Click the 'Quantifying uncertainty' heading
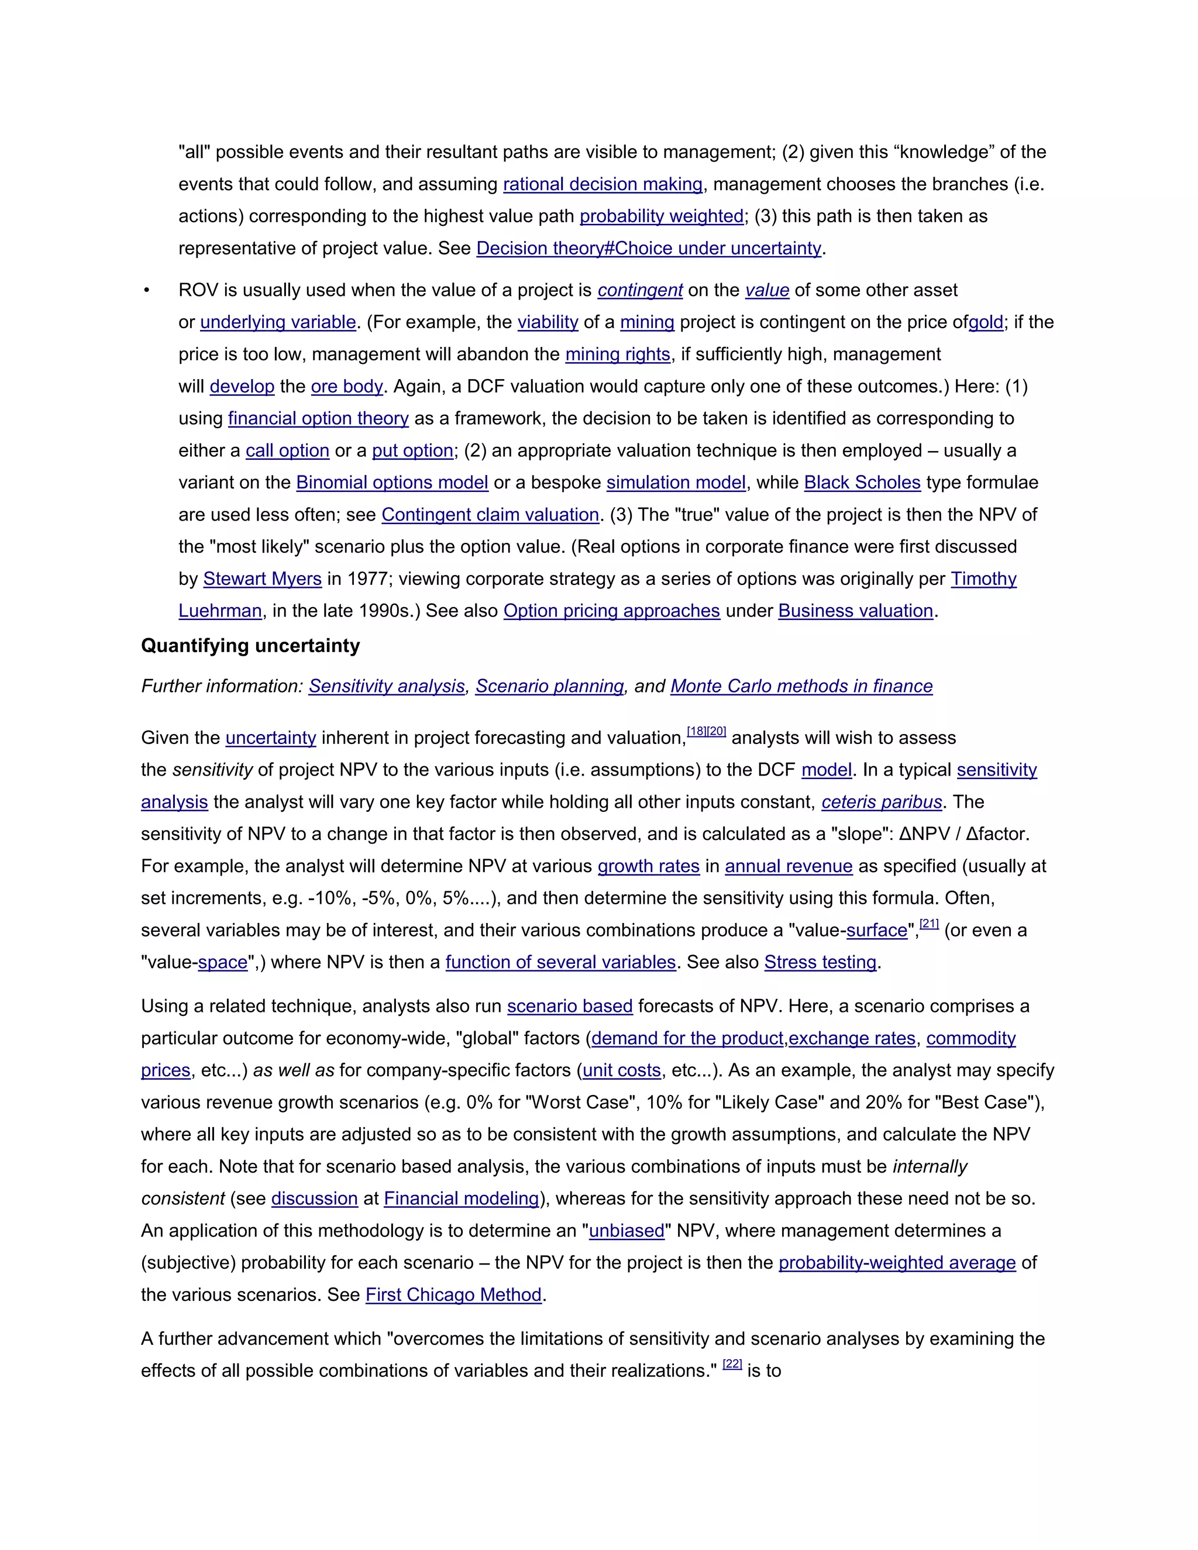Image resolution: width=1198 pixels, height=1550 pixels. tap(250, 646)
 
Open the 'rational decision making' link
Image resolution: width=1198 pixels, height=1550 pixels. tap(603, 184)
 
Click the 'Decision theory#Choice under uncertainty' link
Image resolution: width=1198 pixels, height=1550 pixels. tap(648, 249)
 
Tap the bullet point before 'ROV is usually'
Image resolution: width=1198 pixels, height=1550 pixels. tap(146, 291)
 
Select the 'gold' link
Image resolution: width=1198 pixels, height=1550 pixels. tap(986, 322)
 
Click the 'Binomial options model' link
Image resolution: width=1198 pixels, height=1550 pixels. tap(392, 483)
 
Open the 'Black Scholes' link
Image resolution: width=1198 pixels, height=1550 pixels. tap(862, 483)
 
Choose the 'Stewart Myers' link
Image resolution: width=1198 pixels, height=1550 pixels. tap(262, 579)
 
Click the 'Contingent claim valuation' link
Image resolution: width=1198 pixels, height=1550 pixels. tap(490, 515)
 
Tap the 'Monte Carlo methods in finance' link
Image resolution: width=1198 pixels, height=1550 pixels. tap(801, 686)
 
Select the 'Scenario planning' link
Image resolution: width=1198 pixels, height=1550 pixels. tap(549, 686)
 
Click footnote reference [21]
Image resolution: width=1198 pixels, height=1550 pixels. tap(928, 924)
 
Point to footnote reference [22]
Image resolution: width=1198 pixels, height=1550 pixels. tap(732, 1364)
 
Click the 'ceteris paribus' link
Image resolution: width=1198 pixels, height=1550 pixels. tap(882, 802)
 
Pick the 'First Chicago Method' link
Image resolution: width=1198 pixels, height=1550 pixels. tap(453, 1294)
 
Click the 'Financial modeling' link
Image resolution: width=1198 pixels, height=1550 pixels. tap(462, 1198)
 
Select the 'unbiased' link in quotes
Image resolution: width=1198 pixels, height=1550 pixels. tap(626, 1231)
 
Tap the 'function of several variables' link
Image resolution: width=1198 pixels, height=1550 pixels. tap(560, 962)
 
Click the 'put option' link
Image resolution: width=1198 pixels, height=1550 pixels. tap(412, 450)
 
